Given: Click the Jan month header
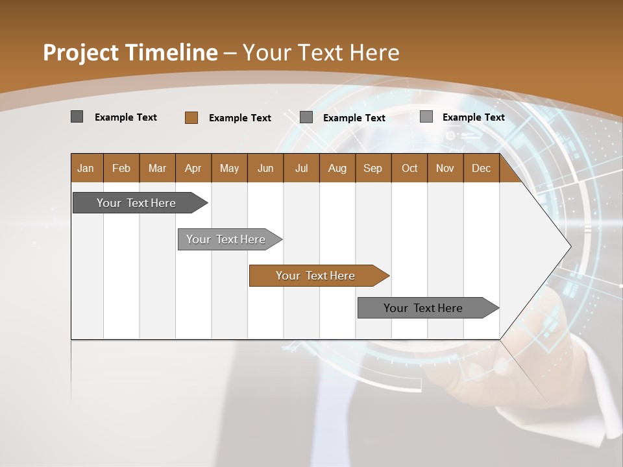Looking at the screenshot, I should (86, 168).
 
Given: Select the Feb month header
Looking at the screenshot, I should (121, 168).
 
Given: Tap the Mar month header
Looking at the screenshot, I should (157, 168).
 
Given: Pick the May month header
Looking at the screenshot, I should (229, 168).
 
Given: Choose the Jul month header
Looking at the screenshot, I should (301, 168).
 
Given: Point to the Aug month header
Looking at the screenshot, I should (337, 168).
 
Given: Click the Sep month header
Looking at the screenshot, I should (373, 168).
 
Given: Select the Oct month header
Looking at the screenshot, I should (409, 168).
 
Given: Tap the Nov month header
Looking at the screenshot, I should (445, 168).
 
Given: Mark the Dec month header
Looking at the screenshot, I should (481, 168).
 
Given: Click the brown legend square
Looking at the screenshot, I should (191, 117).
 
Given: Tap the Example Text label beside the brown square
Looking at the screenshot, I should (239, 118).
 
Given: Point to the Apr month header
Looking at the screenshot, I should (193, 168).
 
